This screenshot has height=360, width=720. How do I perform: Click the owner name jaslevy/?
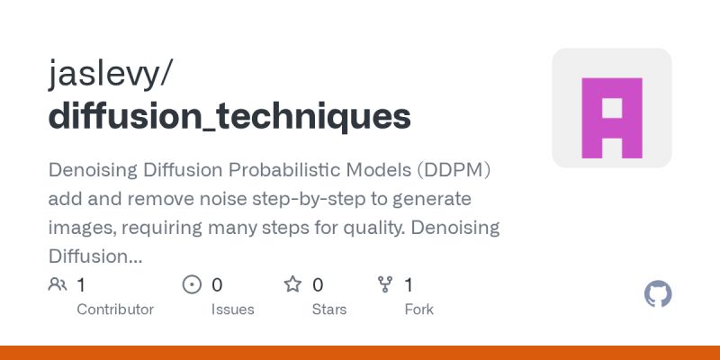109,75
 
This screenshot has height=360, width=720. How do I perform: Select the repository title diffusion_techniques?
229,117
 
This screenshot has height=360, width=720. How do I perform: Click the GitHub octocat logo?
659,294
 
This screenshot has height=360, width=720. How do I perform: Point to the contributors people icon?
58,285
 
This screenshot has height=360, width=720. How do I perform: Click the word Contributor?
115,309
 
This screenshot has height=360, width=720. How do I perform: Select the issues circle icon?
192,285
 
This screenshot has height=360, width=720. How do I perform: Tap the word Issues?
232,309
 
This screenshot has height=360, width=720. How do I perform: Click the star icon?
292,285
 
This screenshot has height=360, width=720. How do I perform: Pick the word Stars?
329,309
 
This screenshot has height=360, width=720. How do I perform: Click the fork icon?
385,285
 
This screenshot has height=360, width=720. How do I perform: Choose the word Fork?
418,309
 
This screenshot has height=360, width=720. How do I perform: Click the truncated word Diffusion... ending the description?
94,256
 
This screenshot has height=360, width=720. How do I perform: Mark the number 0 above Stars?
318,285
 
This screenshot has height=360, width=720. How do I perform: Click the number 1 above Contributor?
81,285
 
